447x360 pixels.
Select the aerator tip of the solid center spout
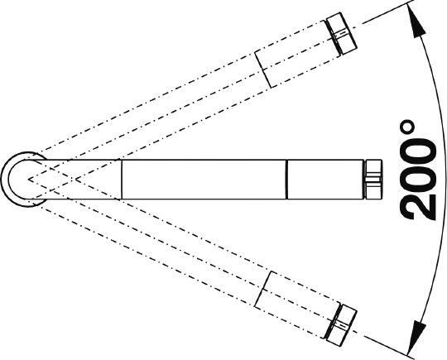coord(372,180)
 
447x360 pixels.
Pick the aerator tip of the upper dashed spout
coord(341,34)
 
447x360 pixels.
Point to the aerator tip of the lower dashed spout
coord(340,325)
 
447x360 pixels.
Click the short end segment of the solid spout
coord(325,180)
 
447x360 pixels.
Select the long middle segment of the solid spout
coord(204,180)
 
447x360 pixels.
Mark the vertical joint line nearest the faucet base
coord(122,180)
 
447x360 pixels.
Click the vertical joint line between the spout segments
coord(287,180)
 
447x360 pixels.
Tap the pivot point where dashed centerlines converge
coord(28,180)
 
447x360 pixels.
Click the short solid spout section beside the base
coord(83,180)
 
